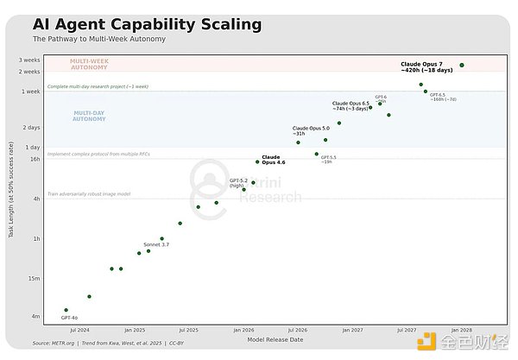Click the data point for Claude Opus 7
point(462,66)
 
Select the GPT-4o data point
point(66,309)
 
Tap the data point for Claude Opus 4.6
point(257,161)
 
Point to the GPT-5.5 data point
point(317,154)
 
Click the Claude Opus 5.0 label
point(311,128)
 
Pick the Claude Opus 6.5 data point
point(370,107)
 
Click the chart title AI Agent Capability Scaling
point(147,24)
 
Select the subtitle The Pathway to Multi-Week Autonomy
point(99,40)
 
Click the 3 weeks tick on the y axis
point(30,60)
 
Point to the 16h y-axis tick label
point(35,159)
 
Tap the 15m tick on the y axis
point(35,278)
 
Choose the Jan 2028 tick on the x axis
point(460,330)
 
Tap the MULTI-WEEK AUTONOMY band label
point(90,65)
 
